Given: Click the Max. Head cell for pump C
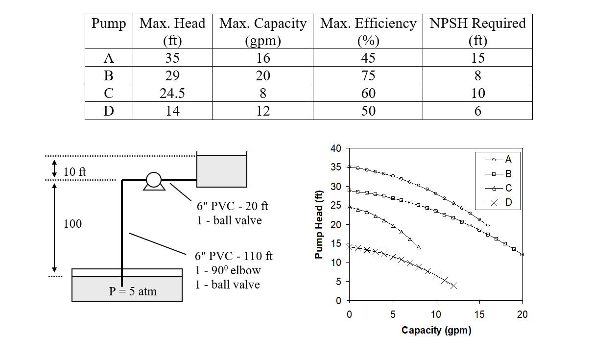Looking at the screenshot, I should [x=172, y=93].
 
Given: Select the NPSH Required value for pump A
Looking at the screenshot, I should [x=477, y=58].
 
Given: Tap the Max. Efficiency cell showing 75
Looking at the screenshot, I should [x=368, y=75].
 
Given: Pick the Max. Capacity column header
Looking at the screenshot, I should [x=262, y=31].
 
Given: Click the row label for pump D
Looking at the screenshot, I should [x=109, y=111].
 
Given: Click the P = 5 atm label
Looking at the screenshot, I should [x=133, y=291].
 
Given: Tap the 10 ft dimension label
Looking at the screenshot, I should [x=74, y=171].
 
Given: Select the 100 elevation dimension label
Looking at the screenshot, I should [x=72, y=224].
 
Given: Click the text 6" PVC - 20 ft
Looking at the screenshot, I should [x=233, y=206].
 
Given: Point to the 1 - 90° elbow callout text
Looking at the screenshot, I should [x=228, y=270].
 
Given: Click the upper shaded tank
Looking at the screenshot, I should [x=221, y=171].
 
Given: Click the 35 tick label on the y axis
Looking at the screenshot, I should [x=336, y=167].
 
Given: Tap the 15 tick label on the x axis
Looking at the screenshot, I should [x=479, y=314].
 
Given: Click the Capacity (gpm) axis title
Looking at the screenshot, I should [x=436, y=330].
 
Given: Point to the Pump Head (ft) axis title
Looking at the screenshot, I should [x=319, y=224].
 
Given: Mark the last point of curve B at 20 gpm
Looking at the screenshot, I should [x=522, y=254].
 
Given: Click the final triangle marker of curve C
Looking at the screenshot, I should [x=418, y=247].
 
